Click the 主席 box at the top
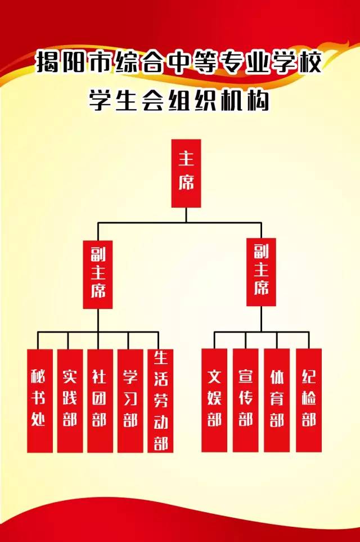tap(186, 173)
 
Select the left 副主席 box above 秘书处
tap(98, 274)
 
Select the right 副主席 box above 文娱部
tap(261, 272)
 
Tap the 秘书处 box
tap(39, 400)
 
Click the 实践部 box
tap(70, 400)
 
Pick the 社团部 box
tap(100, 400)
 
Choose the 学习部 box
tap(130, 400)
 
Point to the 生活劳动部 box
tap(160, 400)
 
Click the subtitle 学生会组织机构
tap(179, 100)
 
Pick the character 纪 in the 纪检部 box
tap(308, 376)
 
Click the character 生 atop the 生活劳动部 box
tap(160, 359)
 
